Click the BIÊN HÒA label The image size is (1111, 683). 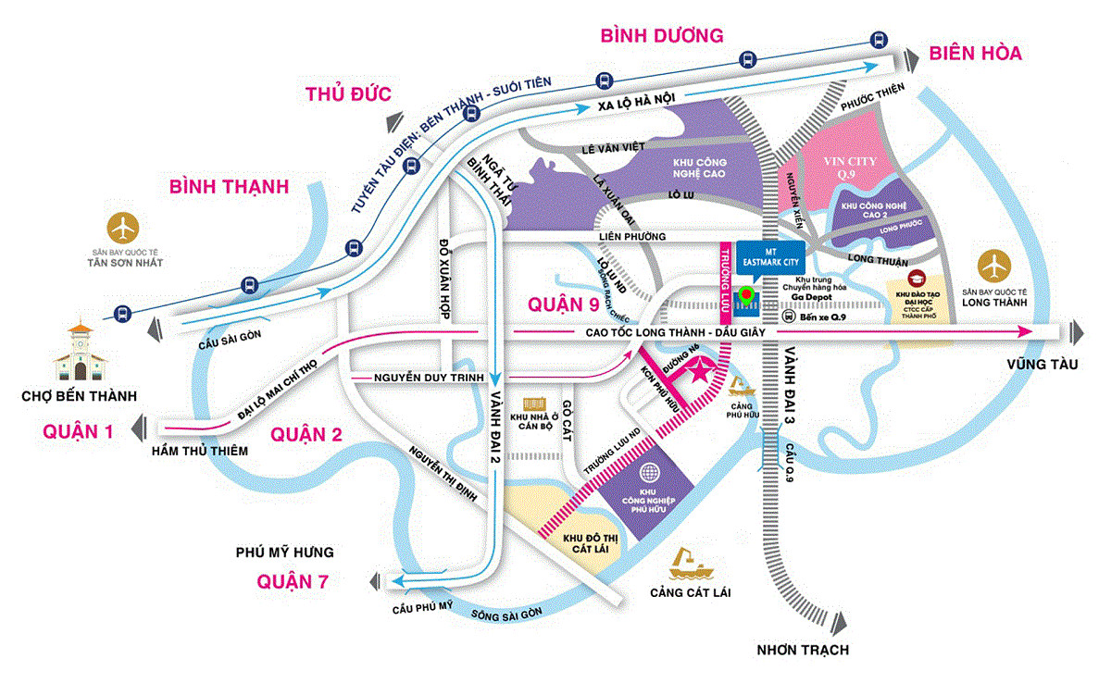976,54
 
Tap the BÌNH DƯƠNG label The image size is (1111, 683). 661,36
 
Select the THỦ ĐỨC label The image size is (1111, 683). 349,93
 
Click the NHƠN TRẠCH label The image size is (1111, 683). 802,650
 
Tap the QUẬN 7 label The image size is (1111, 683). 292,581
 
